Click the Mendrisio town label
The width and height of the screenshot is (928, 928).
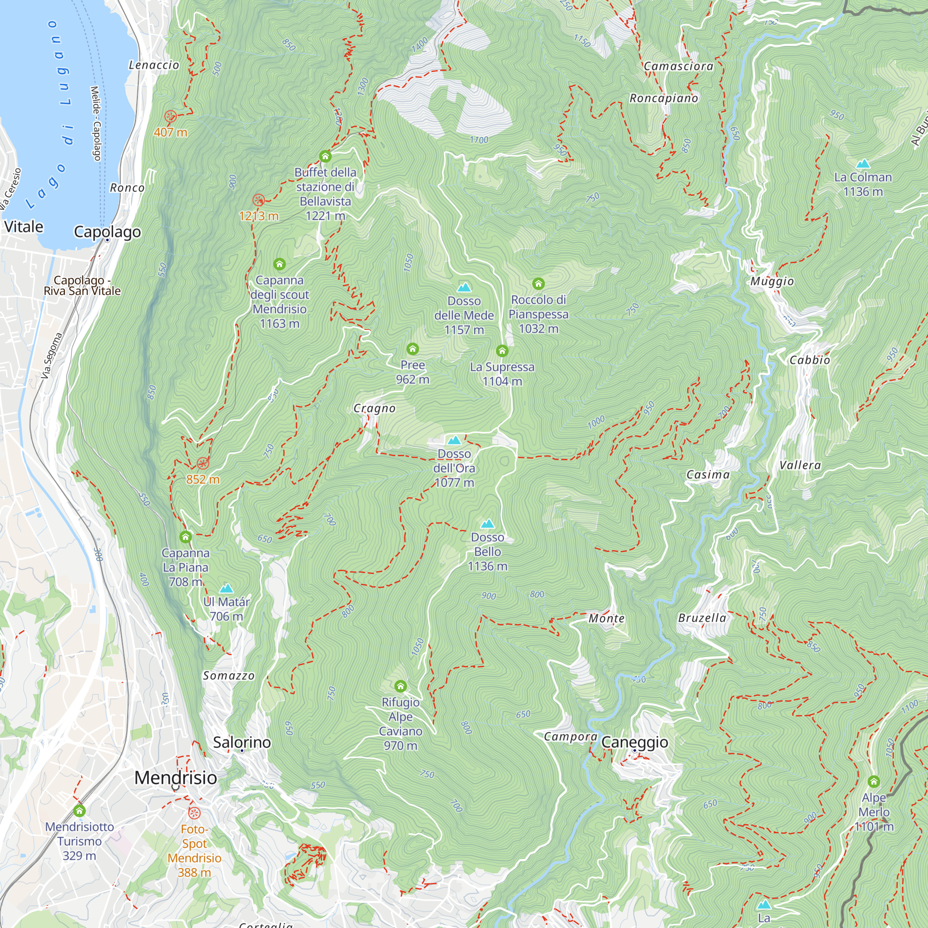click(175, 777)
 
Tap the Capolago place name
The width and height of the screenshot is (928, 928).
click(108, 232)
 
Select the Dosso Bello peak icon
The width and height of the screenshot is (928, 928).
click(488, 523)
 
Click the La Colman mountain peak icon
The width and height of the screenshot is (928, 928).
click(863, 164)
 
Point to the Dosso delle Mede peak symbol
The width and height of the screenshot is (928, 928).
click(464, 287)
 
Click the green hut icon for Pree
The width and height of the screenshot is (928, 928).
click(412, 349)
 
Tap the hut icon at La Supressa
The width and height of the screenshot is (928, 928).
click(502, 351)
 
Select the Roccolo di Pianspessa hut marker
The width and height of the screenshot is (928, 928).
click(538, 284)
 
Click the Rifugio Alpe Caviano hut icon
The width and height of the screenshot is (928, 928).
click(400, 686)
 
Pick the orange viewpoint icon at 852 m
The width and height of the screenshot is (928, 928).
click(203, 464)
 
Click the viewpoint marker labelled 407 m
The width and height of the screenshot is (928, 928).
click(170, 116)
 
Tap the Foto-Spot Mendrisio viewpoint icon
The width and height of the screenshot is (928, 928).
click(194, 813)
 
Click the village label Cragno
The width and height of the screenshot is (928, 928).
click(374, 408)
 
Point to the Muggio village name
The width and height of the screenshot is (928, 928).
click(772, 281)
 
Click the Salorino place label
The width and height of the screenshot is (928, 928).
click(242, 742)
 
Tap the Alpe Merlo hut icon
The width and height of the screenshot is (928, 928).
click(873, 781)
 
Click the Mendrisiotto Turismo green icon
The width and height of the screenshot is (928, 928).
click(79, 811)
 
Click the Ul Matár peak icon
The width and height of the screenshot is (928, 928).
click(226, 588)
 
